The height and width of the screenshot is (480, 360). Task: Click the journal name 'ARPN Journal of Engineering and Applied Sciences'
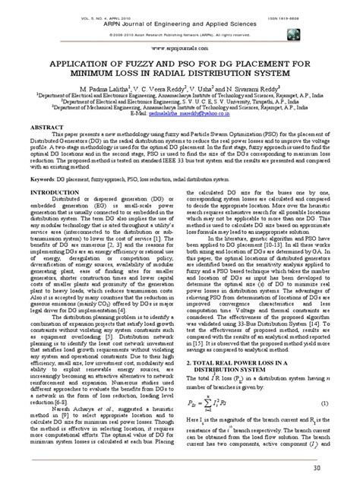(x=179, y=24)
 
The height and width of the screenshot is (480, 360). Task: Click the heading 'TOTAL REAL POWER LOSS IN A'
(x=251, y=364)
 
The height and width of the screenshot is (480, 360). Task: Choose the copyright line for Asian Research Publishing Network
(x=179, y=34)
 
